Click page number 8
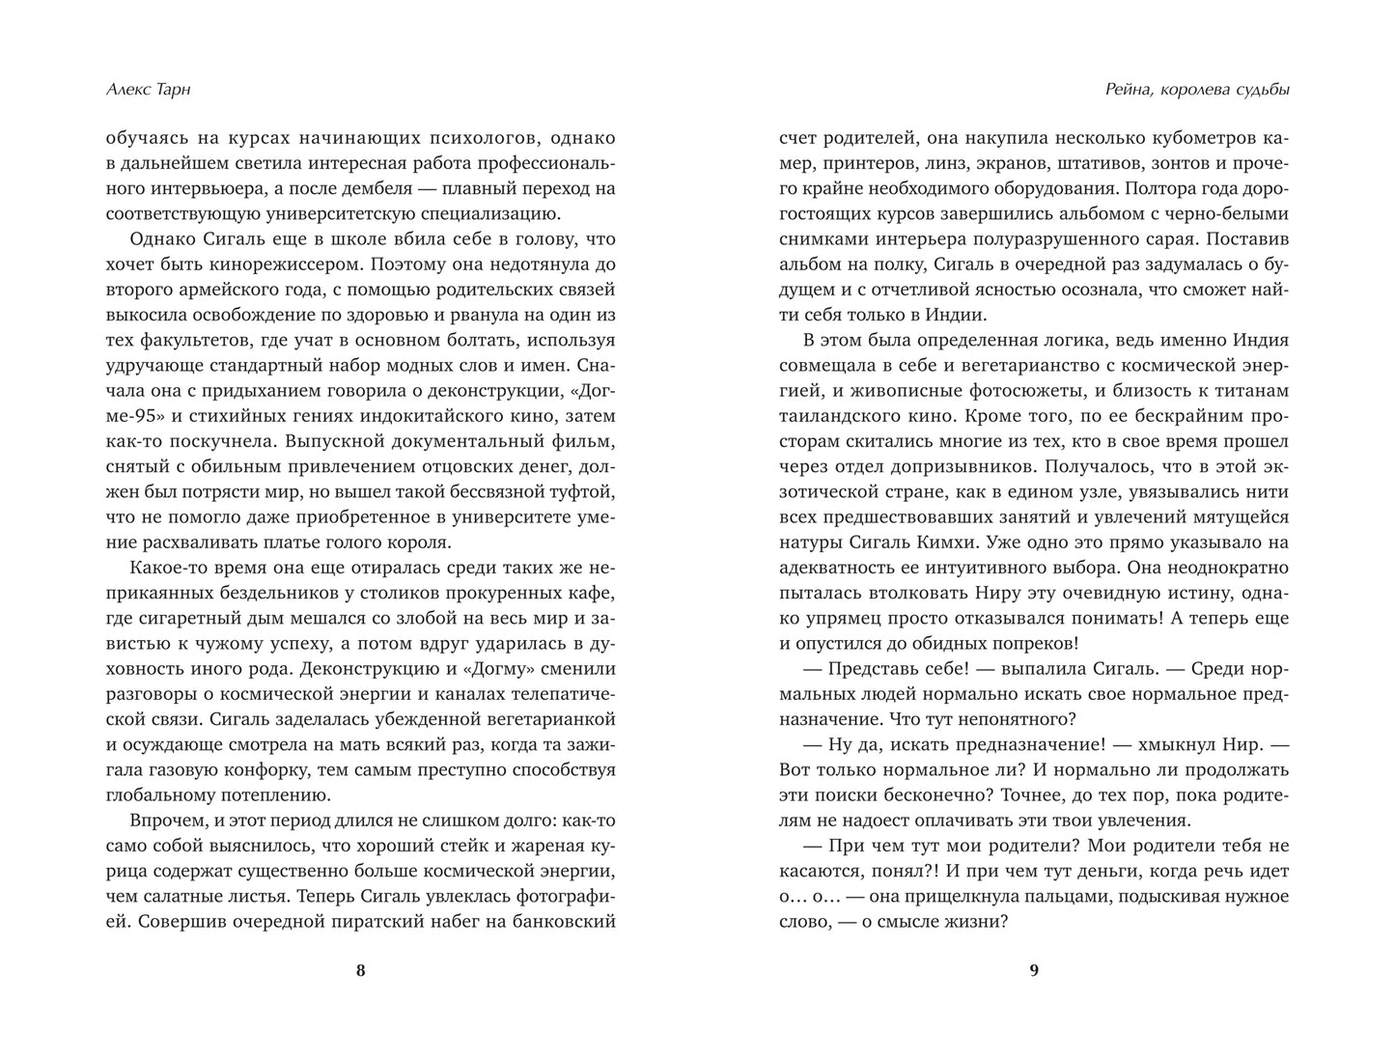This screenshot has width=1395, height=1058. click(x=360, y=971)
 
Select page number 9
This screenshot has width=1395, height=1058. click(x=1034, y=971)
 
